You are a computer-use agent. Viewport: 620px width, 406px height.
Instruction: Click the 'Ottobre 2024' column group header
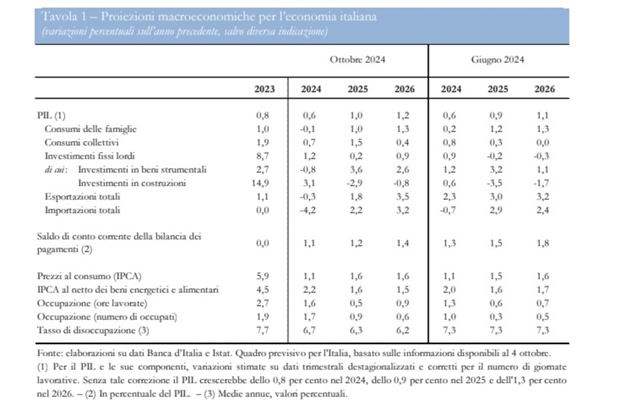tap(358, 60)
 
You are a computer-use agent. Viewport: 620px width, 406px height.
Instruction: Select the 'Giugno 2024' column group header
tap(498, 60)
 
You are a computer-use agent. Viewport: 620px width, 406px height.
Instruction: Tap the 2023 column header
tap(265, 89)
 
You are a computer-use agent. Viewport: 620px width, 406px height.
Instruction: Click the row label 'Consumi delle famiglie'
tap(90, 129)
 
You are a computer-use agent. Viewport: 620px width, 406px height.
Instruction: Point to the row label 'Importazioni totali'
tap(83, 210)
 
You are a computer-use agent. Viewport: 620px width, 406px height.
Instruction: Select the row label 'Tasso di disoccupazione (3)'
tap(93, 330)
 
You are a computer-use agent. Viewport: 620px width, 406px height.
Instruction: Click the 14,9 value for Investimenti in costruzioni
tap(260, 183)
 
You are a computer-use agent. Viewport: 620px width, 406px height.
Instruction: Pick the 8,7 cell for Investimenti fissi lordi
tap(262, 156)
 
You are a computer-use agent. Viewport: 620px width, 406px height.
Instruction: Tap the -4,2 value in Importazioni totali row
tap(307, 210)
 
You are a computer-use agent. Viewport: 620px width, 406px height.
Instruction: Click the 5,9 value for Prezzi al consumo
tap(262, 276)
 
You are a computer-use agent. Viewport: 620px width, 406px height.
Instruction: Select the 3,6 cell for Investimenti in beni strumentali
tap(356, 170)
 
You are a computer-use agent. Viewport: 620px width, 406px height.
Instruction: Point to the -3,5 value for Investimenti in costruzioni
tap(494, 183)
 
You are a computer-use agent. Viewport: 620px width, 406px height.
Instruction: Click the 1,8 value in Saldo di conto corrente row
tap(543, 243)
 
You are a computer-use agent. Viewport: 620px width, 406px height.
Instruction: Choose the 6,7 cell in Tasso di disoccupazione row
tap(309, 330)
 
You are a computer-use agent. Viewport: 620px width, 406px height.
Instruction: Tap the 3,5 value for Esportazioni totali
tap(402, 197)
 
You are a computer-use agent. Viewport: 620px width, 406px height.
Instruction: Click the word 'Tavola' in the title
tap(59, 17)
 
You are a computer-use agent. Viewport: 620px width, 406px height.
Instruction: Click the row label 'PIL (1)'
tap(51, 115)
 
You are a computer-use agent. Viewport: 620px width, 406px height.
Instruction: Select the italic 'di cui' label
tap(56, 170)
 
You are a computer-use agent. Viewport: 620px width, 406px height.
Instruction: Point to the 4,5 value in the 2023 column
tap(262, 290)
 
